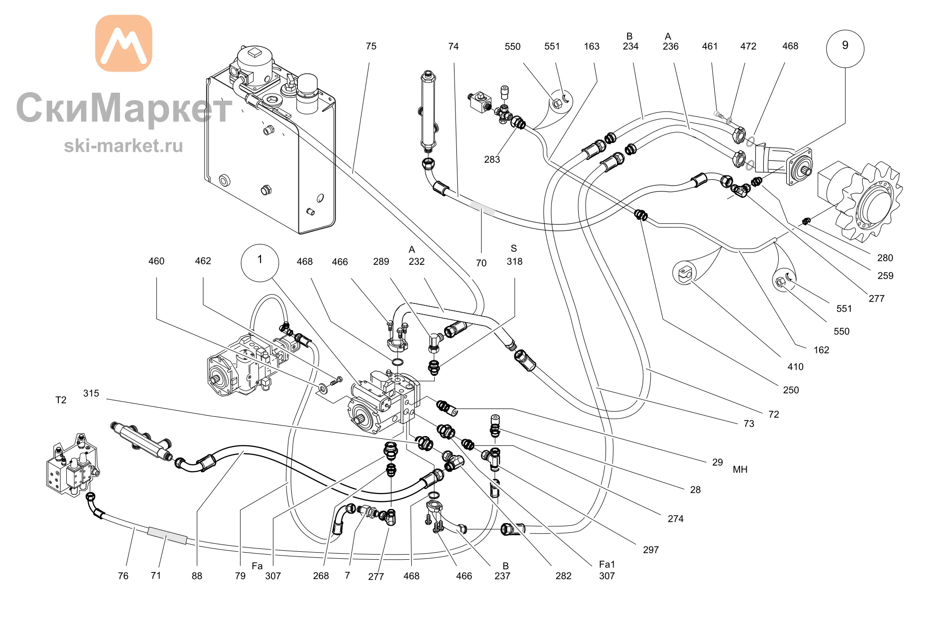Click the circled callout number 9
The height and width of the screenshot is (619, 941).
[845, 48]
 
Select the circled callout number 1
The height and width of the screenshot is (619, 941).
[260, 262]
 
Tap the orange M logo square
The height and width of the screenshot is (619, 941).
[124, 43]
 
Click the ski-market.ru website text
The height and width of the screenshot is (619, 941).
[123, 146]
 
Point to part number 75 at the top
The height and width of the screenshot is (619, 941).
[371, 46]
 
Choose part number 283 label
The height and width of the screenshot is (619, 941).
[492, 159]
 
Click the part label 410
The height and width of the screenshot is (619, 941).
[796, 367]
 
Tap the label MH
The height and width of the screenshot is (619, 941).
[740, 469]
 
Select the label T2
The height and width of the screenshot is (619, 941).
[61, 400]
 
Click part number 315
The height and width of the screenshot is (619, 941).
[91, 393]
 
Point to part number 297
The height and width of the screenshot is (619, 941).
[651, 550]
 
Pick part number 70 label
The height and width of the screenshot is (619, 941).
[481, 263]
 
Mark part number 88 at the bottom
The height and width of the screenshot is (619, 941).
[197, 576]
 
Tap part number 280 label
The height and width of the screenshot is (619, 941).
[885, 258]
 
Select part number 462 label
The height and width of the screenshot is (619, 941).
[203, 261]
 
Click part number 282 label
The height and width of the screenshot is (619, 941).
[563, 576]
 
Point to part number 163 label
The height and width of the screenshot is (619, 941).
[592, 46]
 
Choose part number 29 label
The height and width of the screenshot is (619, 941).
[718, 462]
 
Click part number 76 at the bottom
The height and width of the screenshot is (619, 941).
[123, 576]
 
